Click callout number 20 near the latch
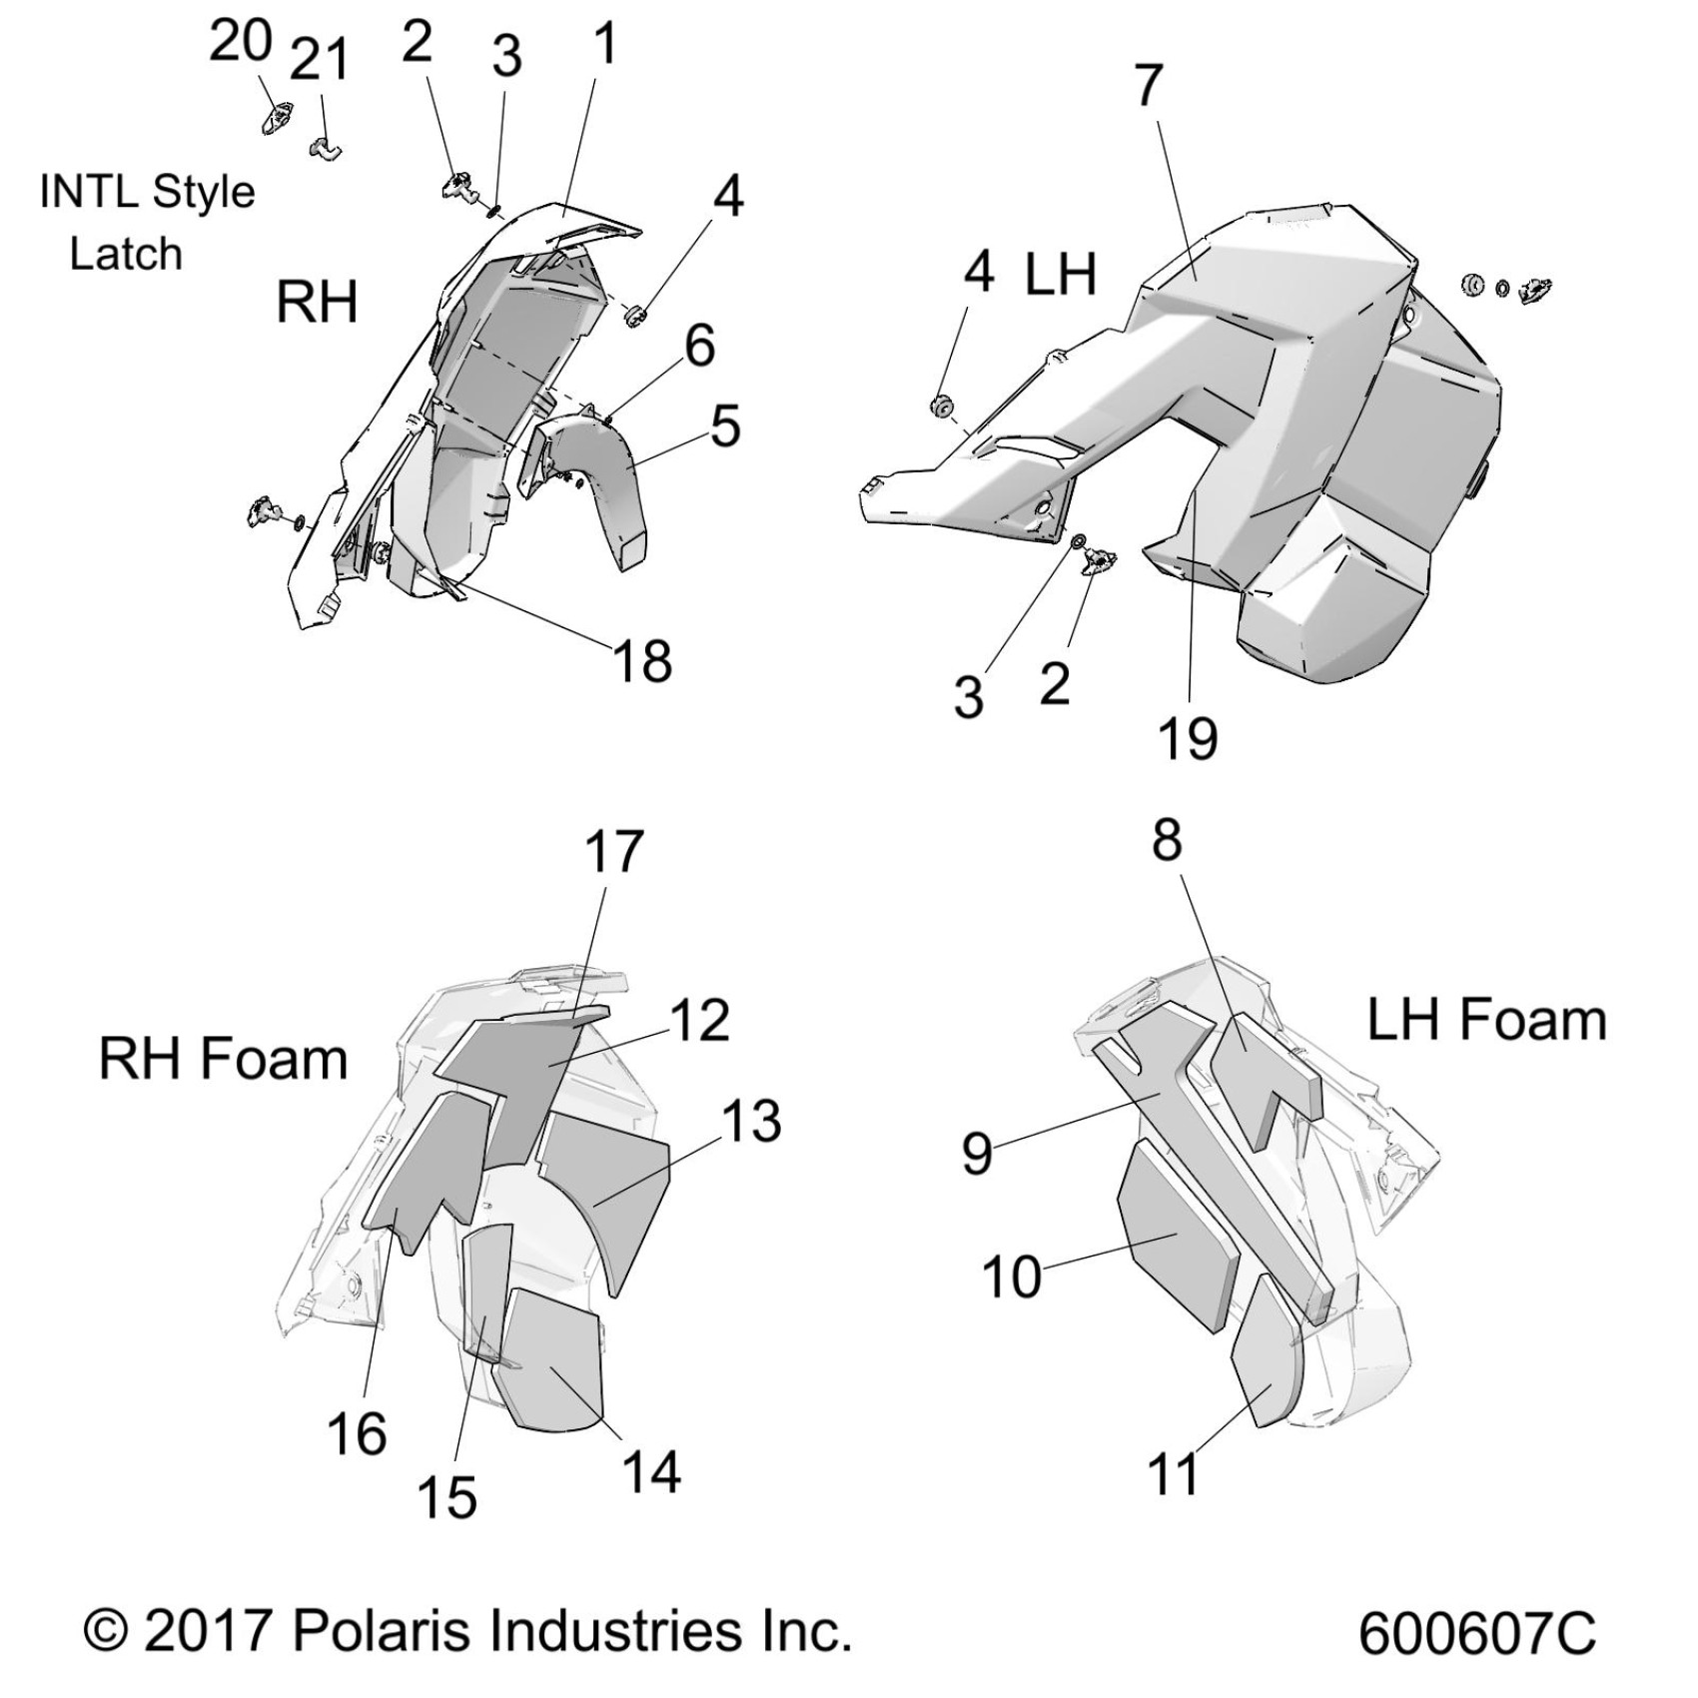(240, 42)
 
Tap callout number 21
(320, 60)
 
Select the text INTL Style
(147, 191)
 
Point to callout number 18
(642, 660)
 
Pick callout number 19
(1188, 739)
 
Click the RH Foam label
(223, 1059)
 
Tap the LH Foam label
(1486, 1020)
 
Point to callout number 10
(1012, 1276)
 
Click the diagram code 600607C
(1476, 1635)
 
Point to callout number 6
(699, 346)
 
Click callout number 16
(357, 1434)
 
